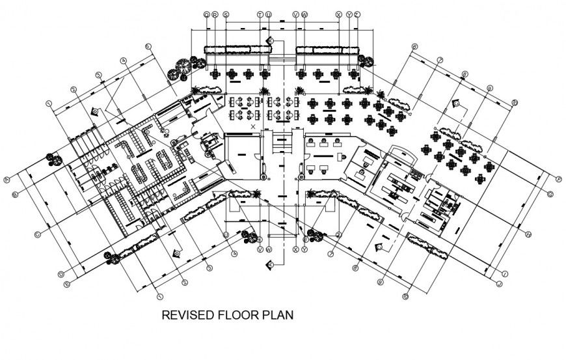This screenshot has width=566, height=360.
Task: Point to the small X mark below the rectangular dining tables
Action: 253,126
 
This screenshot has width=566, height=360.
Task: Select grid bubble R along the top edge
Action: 215,14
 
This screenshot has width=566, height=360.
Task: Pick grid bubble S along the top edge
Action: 226,14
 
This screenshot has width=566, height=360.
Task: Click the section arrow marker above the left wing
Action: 96,111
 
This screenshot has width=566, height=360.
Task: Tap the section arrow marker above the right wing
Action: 457,103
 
